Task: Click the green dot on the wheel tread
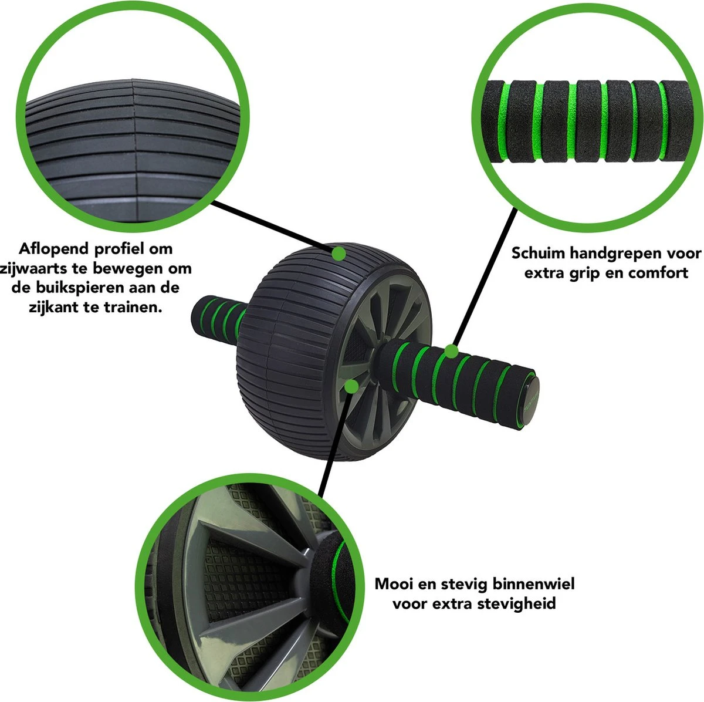coord(339,253)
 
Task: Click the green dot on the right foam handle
coord(452,352)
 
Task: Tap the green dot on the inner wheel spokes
coord(351,386)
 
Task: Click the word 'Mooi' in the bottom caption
coord(394,583)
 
